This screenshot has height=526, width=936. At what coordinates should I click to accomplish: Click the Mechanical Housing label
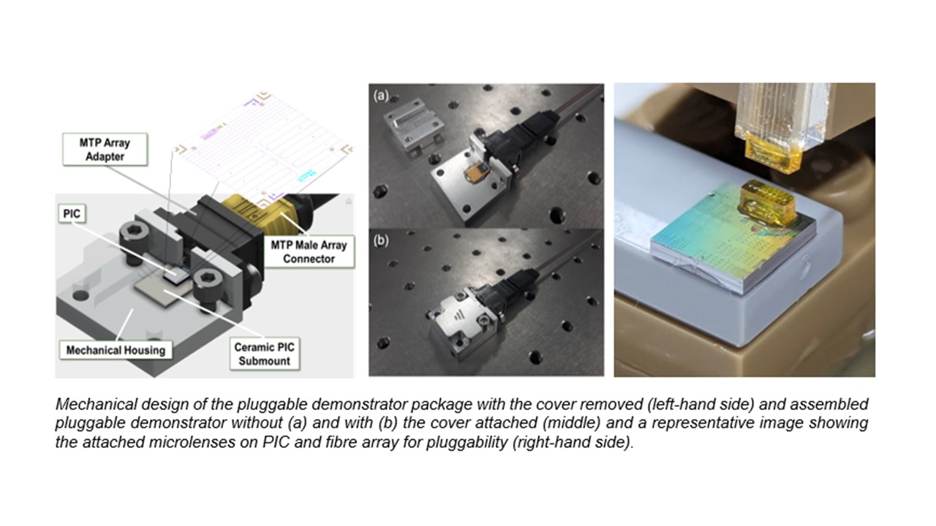click(115, 350)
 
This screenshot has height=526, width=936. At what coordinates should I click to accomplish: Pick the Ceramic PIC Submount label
click(263, 353)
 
